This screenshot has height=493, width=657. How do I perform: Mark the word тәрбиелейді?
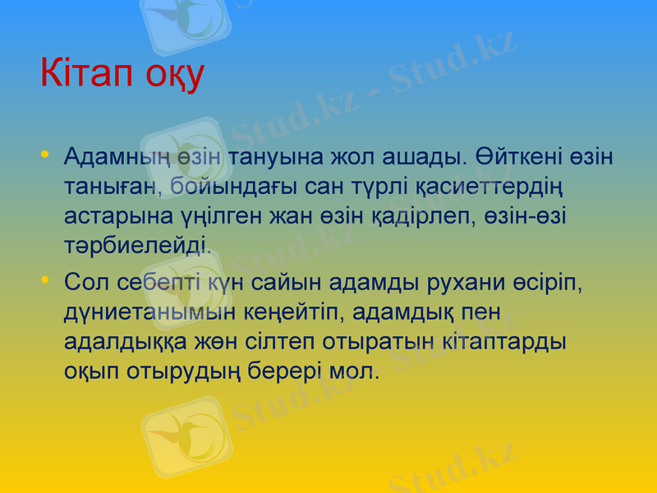pos(137,244)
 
